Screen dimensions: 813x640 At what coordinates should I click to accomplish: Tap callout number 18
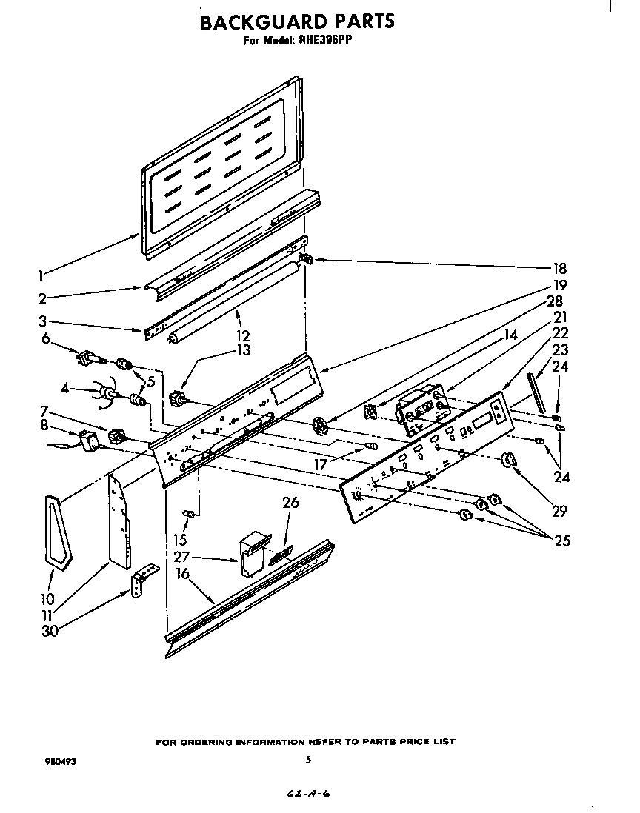click(559, 268)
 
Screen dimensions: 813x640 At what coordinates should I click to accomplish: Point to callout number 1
click(40, 275)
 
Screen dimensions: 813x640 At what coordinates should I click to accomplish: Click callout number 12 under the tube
click(243, 336)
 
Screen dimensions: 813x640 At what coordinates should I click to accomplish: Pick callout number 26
click(290, 503)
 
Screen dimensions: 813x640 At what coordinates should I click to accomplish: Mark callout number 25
click(562, 541)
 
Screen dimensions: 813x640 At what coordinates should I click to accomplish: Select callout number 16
click(182, 574)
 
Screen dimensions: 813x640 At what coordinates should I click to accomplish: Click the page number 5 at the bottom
click(308, 759)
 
